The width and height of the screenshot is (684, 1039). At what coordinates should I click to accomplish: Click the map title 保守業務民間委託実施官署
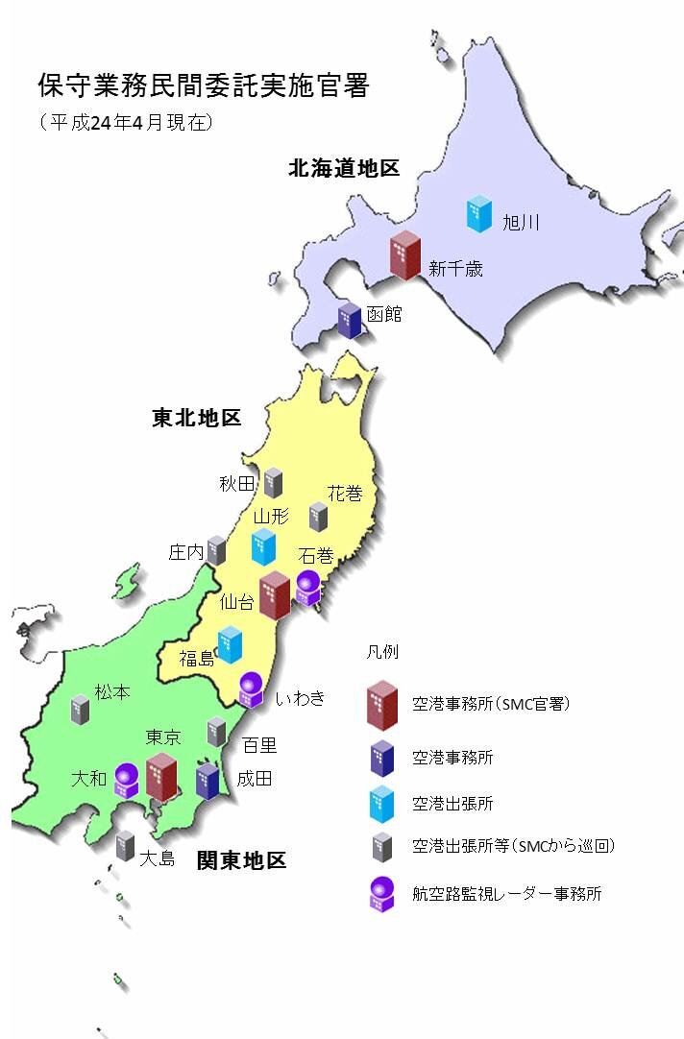203,86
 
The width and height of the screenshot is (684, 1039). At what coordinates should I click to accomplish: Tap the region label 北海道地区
343,169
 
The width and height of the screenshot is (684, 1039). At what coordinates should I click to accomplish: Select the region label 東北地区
196,418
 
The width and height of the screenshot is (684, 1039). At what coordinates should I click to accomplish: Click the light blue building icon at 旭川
478,213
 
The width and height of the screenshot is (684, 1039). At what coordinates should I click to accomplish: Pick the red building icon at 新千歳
404,255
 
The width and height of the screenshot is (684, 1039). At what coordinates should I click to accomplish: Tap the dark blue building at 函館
350,321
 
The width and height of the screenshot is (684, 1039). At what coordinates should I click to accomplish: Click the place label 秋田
237,483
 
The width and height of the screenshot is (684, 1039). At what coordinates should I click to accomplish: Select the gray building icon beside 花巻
319,516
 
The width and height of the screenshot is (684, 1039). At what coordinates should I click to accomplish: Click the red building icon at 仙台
276,595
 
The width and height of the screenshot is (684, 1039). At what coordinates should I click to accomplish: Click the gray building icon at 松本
80,710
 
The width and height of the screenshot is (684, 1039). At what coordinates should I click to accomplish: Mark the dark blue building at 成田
208,781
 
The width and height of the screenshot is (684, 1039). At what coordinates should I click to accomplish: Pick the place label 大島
157,858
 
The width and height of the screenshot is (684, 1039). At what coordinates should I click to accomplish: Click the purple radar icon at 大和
127,780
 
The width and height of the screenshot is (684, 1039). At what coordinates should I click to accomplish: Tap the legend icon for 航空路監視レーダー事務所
382,894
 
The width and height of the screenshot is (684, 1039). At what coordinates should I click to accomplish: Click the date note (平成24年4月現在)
126,122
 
